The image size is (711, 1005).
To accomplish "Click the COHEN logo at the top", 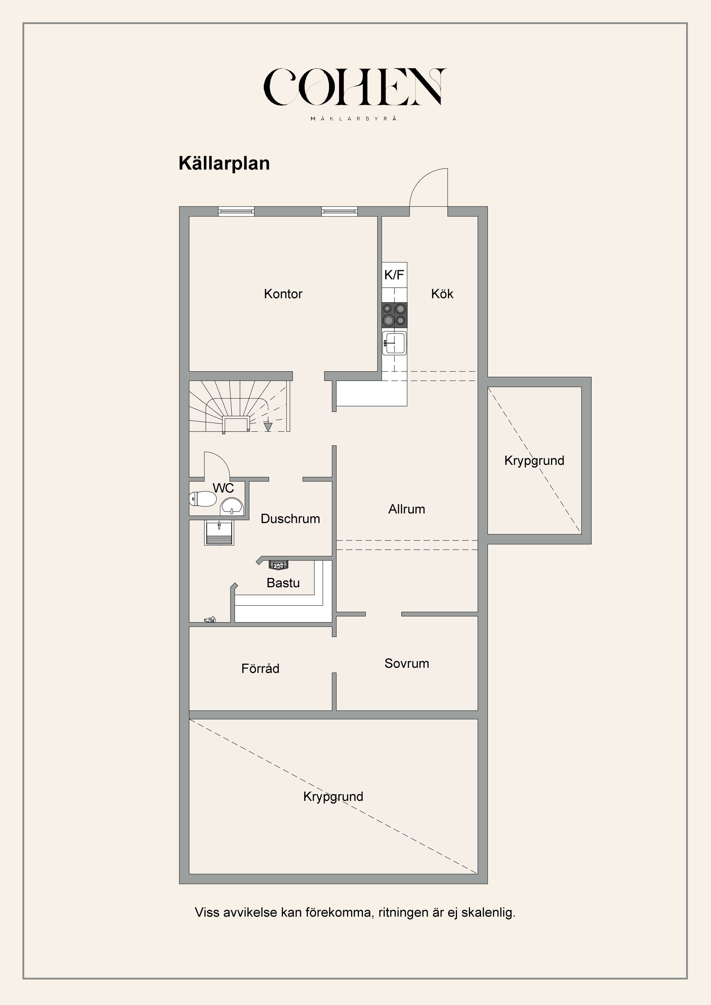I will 355,87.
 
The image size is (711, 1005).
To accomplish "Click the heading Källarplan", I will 224,163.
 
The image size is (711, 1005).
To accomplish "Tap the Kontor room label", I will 283,294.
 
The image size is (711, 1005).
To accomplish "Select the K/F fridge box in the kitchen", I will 394,275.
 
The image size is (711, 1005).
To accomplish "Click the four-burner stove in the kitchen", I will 394,315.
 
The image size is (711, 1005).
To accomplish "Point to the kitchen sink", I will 394,343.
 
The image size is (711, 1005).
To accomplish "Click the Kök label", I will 442,294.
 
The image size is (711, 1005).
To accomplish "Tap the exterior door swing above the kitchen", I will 428,188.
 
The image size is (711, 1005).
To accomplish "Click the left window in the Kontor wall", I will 236,211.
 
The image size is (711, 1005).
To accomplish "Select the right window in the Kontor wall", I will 339,211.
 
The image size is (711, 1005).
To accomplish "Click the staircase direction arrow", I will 268,426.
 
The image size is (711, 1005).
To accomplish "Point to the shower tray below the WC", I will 219,532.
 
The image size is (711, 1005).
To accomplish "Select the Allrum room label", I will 406,509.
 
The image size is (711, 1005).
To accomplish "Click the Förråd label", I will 260,669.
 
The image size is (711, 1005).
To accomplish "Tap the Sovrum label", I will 406,663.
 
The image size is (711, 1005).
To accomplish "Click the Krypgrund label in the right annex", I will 534,460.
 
